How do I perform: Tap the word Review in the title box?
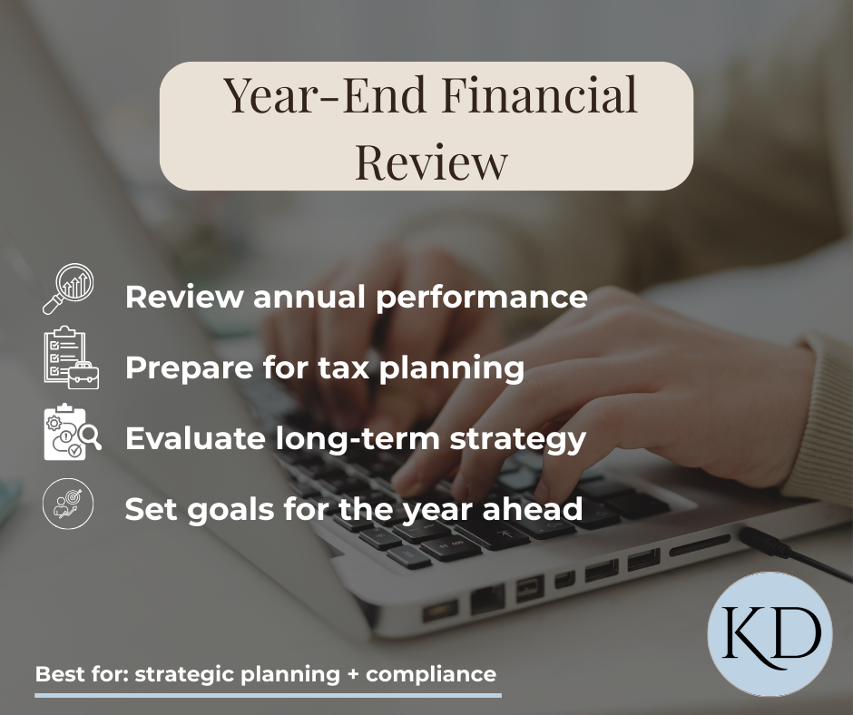tap(431, 161)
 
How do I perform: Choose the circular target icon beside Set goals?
tap(69, 504)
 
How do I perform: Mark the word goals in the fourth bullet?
tap(227, 510)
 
